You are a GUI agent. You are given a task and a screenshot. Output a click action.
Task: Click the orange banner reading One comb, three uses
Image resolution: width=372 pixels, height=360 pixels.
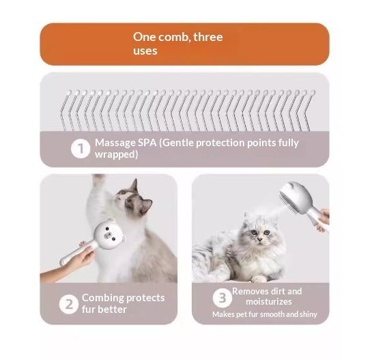(x=184, y=44)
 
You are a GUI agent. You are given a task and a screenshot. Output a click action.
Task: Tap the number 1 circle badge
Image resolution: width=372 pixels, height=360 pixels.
(x=81, y=149)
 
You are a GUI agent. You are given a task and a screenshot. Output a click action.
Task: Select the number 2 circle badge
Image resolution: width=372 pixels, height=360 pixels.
(x=68, y=304)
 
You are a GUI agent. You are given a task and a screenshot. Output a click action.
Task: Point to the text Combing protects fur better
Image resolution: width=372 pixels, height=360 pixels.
(x=123, y=303)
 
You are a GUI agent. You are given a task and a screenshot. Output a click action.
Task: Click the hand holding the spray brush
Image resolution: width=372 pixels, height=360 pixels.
(x=324, y=219)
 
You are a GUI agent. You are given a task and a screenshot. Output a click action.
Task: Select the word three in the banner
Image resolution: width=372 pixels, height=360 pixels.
(x=208, y=37)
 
